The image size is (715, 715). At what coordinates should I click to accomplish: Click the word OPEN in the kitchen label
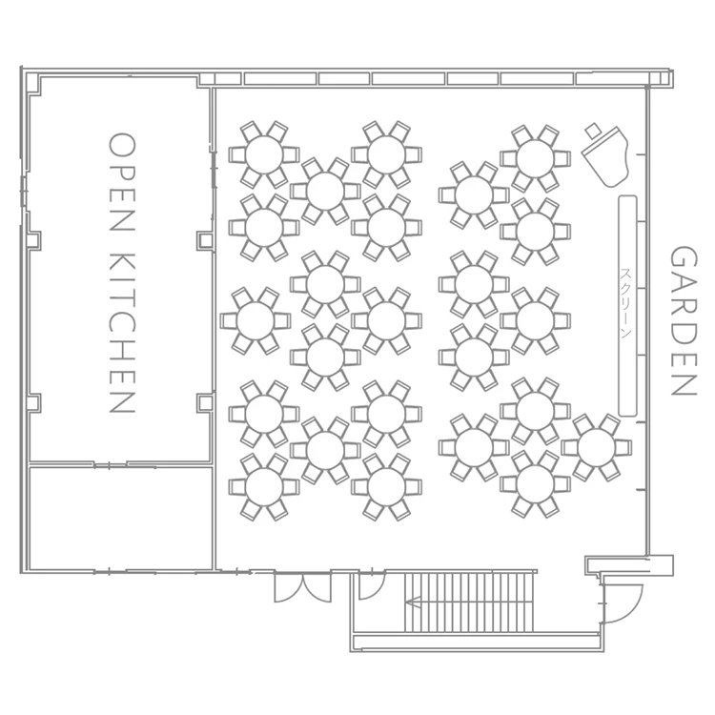122,182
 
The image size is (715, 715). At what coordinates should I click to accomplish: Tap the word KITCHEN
122,332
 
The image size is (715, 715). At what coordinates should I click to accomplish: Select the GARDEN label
684,321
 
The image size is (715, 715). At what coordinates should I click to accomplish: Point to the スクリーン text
626,303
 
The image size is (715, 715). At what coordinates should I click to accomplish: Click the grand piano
607,156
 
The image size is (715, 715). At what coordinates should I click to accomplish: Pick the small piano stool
593,131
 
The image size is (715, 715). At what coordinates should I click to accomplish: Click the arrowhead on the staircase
413,603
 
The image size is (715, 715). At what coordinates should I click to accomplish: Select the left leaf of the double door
288,588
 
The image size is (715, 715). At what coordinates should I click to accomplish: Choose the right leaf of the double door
317,588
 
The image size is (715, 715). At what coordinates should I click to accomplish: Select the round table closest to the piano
536,158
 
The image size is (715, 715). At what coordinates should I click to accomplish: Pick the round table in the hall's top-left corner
264,154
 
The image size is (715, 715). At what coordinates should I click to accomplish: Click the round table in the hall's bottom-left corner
264,486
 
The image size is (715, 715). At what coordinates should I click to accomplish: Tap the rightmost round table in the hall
597,448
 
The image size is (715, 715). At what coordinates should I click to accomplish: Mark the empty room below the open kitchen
121,519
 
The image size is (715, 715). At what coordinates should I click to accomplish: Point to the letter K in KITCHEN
122,263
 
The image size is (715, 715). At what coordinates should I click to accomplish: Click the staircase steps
469,603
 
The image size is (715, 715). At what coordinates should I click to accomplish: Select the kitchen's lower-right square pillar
205,402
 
